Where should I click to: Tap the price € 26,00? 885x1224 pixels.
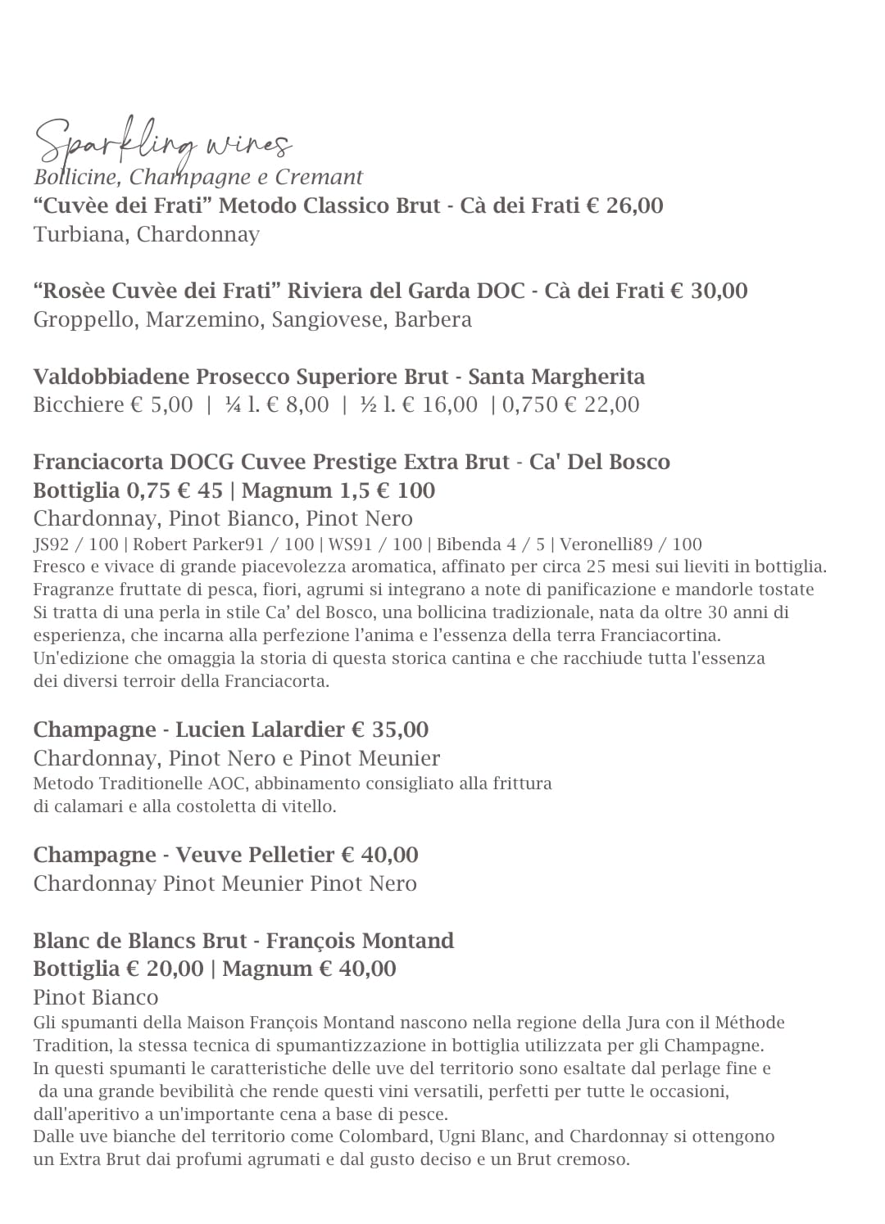point(624,206)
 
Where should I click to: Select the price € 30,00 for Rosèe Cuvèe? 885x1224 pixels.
point(709,291)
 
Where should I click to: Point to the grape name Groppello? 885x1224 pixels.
point(86,319)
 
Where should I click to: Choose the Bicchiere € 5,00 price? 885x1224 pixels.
point(113,404)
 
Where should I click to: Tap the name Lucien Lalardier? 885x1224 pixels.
point(260,729)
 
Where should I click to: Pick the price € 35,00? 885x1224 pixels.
point(390,729)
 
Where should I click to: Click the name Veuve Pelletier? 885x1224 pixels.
point(255,855)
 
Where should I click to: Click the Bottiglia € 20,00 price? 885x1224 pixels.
point(118,969)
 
